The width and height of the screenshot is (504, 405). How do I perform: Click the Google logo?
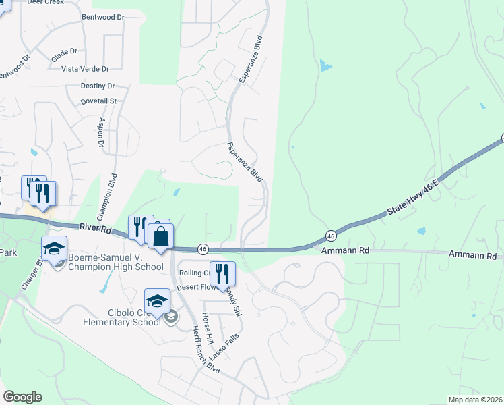pyautogui.click(x=22, y=397)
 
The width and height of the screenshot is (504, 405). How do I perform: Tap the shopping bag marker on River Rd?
pyautogui.click(x=160, y=238)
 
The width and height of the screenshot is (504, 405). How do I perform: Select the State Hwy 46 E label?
pyautogui.click(x=413, y=198)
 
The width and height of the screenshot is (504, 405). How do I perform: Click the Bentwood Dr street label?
pyautogui.click(x=102, y=16)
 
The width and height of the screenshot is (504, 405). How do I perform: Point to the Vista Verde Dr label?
pyautogui.click(x=85, y=69)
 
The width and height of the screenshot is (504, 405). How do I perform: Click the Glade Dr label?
pyautogui.click(x=65, y=51)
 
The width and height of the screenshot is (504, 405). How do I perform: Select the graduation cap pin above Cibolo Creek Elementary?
pyautogui.click(x=157, y=301)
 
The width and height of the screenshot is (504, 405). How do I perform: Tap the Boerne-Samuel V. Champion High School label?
pyautogui.click(x=115, y=261)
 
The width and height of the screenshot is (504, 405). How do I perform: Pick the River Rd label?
pyautogui.click(x=94, y=229)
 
